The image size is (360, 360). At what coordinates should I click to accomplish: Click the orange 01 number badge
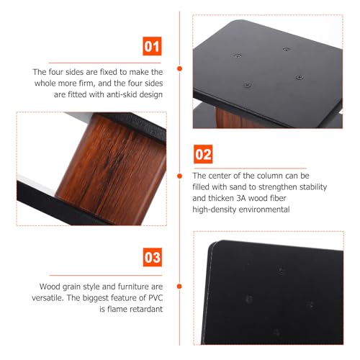pos(152,46)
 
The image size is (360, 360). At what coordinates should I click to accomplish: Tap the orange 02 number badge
pos(203,154)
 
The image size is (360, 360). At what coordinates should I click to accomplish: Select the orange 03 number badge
pos(153,257)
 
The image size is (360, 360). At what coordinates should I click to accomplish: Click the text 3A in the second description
pos(241,198)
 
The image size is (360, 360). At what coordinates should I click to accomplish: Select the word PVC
pos(156,298)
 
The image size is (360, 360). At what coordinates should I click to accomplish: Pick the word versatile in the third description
pos(48,298)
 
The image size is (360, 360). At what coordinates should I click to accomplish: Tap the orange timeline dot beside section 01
pos(179,68)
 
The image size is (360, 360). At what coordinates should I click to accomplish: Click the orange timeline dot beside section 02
pos(179,176)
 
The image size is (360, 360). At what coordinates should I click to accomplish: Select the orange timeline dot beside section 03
pos(179,287)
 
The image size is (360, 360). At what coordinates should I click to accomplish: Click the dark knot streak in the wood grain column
pos(114,160)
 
